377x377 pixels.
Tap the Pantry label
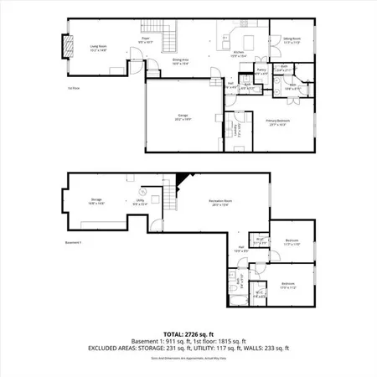(x=261, y=72)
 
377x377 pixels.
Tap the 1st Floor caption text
(x=73, y=86)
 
